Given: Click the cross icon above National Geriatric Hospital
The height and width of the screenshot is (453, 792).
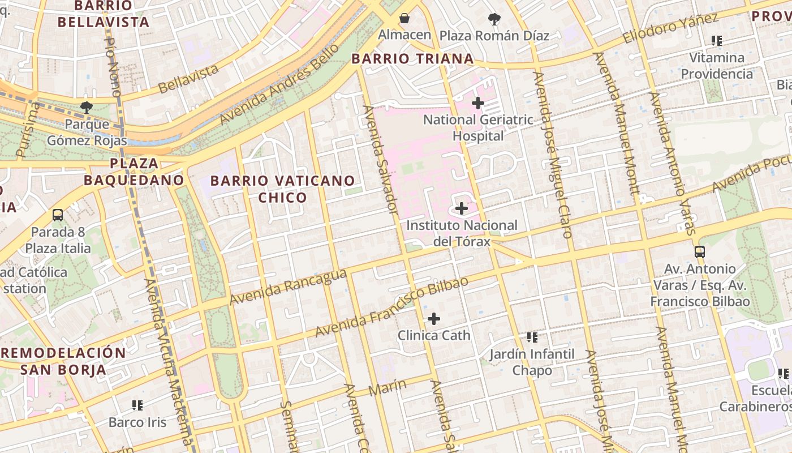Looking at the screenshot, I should tap(478, 103).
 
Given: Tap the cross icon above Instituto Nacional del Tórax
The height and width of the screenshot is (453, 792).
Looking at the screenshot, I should tap(462, 208).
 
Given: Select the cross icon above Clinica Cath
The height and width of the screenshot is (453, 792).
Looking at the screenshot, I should tap(434, 319).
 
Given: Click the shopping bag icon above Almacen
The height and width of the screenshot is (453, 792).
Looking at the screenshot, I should tap(404, 19).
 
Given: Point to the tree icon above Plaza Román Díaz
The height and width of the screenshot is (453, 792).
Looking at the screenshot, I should tap(494, 19).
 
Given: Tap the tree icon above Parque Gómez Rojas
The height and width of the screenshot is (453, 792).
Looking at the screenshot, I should tap(86, 107).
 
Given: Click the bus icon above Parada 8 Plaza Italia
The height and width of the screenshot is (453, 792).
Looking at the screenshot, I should tap(58, 215).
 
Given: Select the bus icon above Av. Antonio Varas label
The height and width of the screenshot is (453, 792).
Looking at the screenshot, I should tap(700, 252).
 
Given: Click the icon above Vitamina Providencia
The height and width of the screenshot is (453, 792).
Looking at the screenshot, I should tap(717, 41).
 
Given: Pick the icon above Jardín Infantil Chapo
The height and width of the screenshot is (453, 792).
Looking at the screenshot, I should tap(532, 337).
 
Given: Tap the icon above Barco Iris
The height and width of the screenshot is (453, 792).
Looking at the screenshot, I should tap(137, 405).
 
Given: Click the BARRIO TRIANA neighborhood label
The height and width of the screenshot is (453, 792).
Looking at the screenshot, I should tap(412, 59).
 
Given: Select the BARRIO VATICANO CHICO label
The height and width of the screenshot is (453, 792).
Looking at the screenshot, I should tap(283, 189).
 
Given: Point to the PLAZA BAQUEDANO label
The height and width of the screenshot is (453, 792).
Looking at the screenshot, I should tap(134, 172).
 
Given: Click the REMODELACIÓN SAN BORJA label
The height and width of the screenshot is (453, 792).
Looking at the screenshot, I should tap(63, 361).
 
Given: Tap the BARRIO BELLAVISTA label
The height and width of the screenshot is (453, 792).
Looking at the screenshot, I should tap(103, 14).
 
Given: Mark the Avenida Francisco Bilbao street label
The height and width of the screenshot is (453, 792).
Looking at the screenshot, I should tap(391, 306).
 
